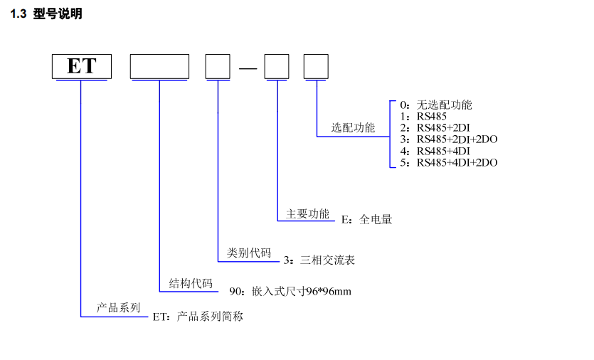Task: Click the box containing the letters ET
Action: point(82,67)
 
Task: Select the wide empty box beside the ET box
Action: point(159,67)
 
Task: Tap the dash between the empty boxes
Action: point(248,68)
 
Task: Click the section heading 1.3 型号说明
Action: point(46,14)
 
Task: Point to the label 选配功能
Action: point(353,128)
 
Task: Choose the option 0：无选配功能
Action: point(435,105)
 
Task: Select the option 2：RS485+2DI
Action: point(434,128)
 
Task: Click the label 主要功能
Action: point(308,213)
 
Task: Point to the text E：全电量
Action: point(366,220)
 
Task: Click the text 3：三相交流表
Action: point(319,260)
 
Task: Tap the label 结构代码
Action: point(191,283)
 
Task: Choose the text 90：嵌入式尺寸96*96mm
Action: point(290,292)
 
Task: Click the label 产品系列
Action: point(119,308)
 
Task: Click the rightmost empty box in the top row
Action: point(316,67)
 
